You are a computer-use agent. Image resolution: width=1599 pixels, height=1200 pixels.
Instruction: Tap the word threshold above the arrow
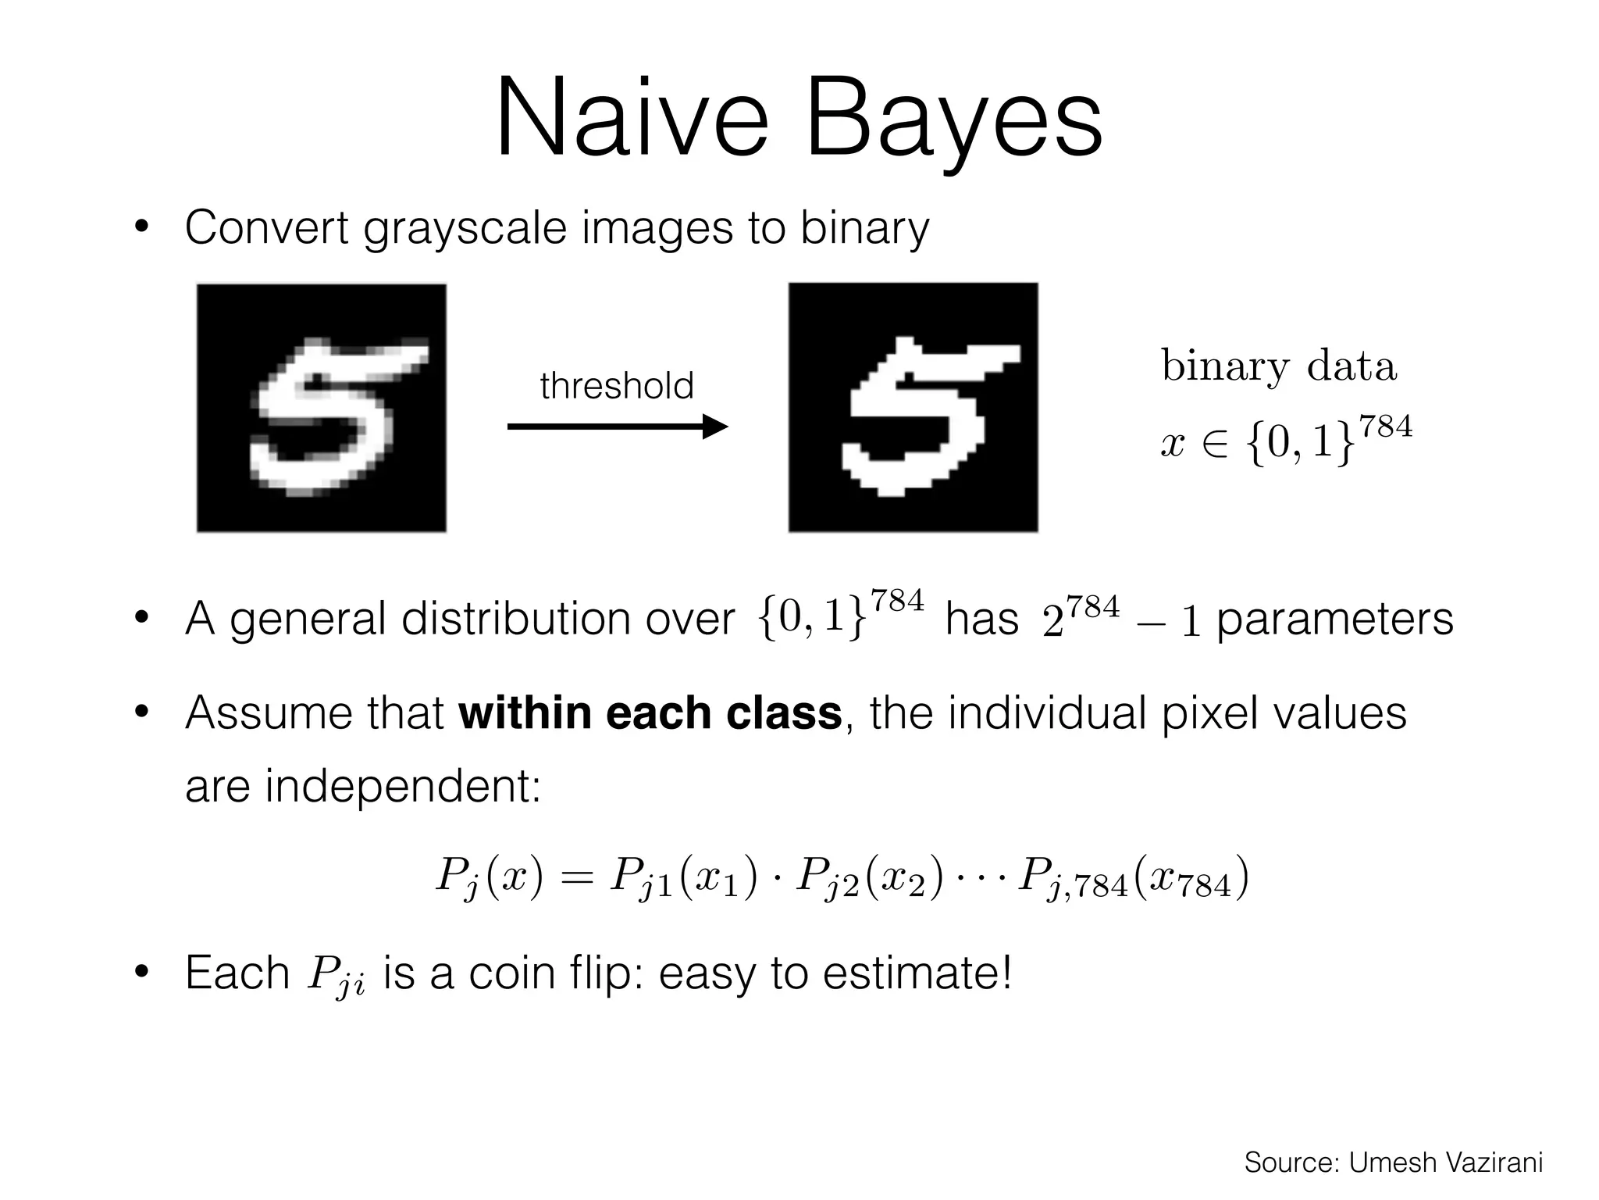click(617, 386)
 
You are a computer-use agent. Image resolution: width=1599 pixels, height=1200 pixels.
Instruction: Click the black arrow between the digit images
click(617, 427)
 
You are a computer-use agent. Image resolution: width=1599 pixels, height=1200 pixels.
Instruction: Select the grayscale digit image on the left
click(322, 408)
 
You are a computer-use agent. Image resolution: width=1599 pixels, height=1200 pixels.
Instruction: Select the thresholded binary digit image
click(913, 408)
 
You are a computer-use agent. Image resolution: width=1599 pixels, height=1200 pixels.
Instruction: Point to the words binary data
click(1278, 366)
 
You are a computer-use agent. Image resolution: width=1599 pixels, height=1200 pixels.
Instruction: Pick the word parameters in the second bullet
click(1334, 619)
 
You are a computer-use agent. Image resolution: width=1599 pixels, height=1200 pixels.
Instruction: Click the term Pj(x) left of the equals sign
click(488, 878)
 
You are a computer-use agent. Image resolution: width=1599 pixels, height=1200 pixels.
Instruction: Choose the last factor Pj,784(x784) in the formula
click(1132, 878)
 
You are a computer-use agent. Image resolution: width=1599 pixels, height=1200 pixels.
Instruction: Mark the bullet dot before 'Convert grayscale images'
click(141, 228)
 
